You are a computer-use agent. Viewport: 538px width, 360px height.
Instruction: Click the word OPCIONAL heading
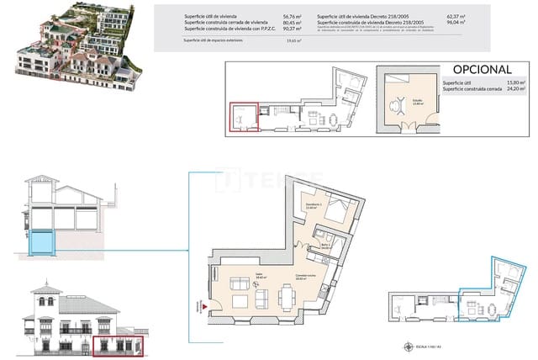(x=482, y=68)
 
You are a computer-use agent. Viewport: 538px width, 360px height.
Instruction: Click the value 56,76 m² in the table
(x=293, y=16)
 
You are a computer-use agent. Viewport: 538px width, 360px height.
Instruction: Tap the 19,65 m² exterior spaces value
(x=293, y=40)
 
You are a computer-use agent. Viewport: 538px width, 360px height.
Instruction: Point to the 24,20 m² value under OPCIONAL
(x=514, y=89)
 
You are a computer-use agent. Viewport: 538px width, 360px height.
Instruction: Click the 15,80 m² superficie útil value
(x=514, y=82)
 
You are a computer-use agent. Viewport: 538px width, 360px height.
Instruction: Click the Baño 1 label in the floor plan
(x=325, y=246)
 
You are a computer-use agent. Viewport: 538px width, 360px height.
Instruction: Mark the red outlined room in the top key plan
(x=243, y=119)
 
